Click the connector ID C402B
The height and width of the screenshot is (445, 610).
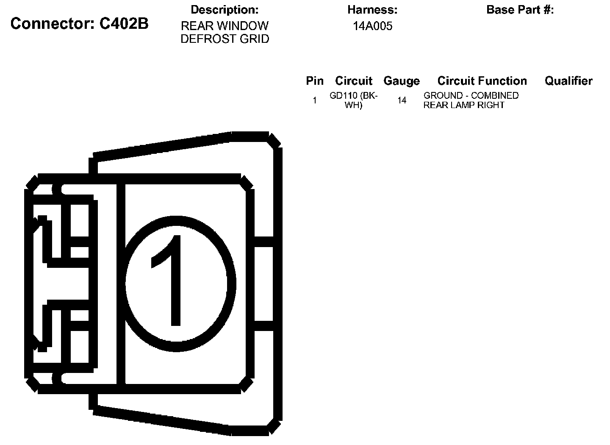[124, 24]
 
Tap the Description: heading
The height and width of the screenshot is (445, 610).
[225, 10]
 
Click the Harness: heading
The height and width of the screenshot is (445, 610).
[372, 10]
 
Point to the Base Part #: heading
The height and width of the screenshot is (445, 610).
[520, 10]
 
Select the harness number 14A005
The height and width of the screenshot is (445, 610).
[372, 26]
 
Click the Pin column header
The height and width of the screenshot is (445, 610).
[315, 81]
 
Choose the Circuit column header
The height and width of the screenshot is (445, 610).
[354, 81]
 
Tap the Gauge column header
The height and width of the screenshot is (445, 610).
[402, 81]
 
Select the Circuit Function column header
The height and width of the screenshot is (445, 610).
[482, 81]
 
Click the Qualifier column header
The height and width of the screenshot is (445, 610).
[568, 81]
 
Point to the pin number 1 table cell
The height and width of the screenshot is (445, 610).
[315, 100]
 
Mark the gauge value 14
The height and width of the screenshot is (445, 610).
[402, 100]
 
